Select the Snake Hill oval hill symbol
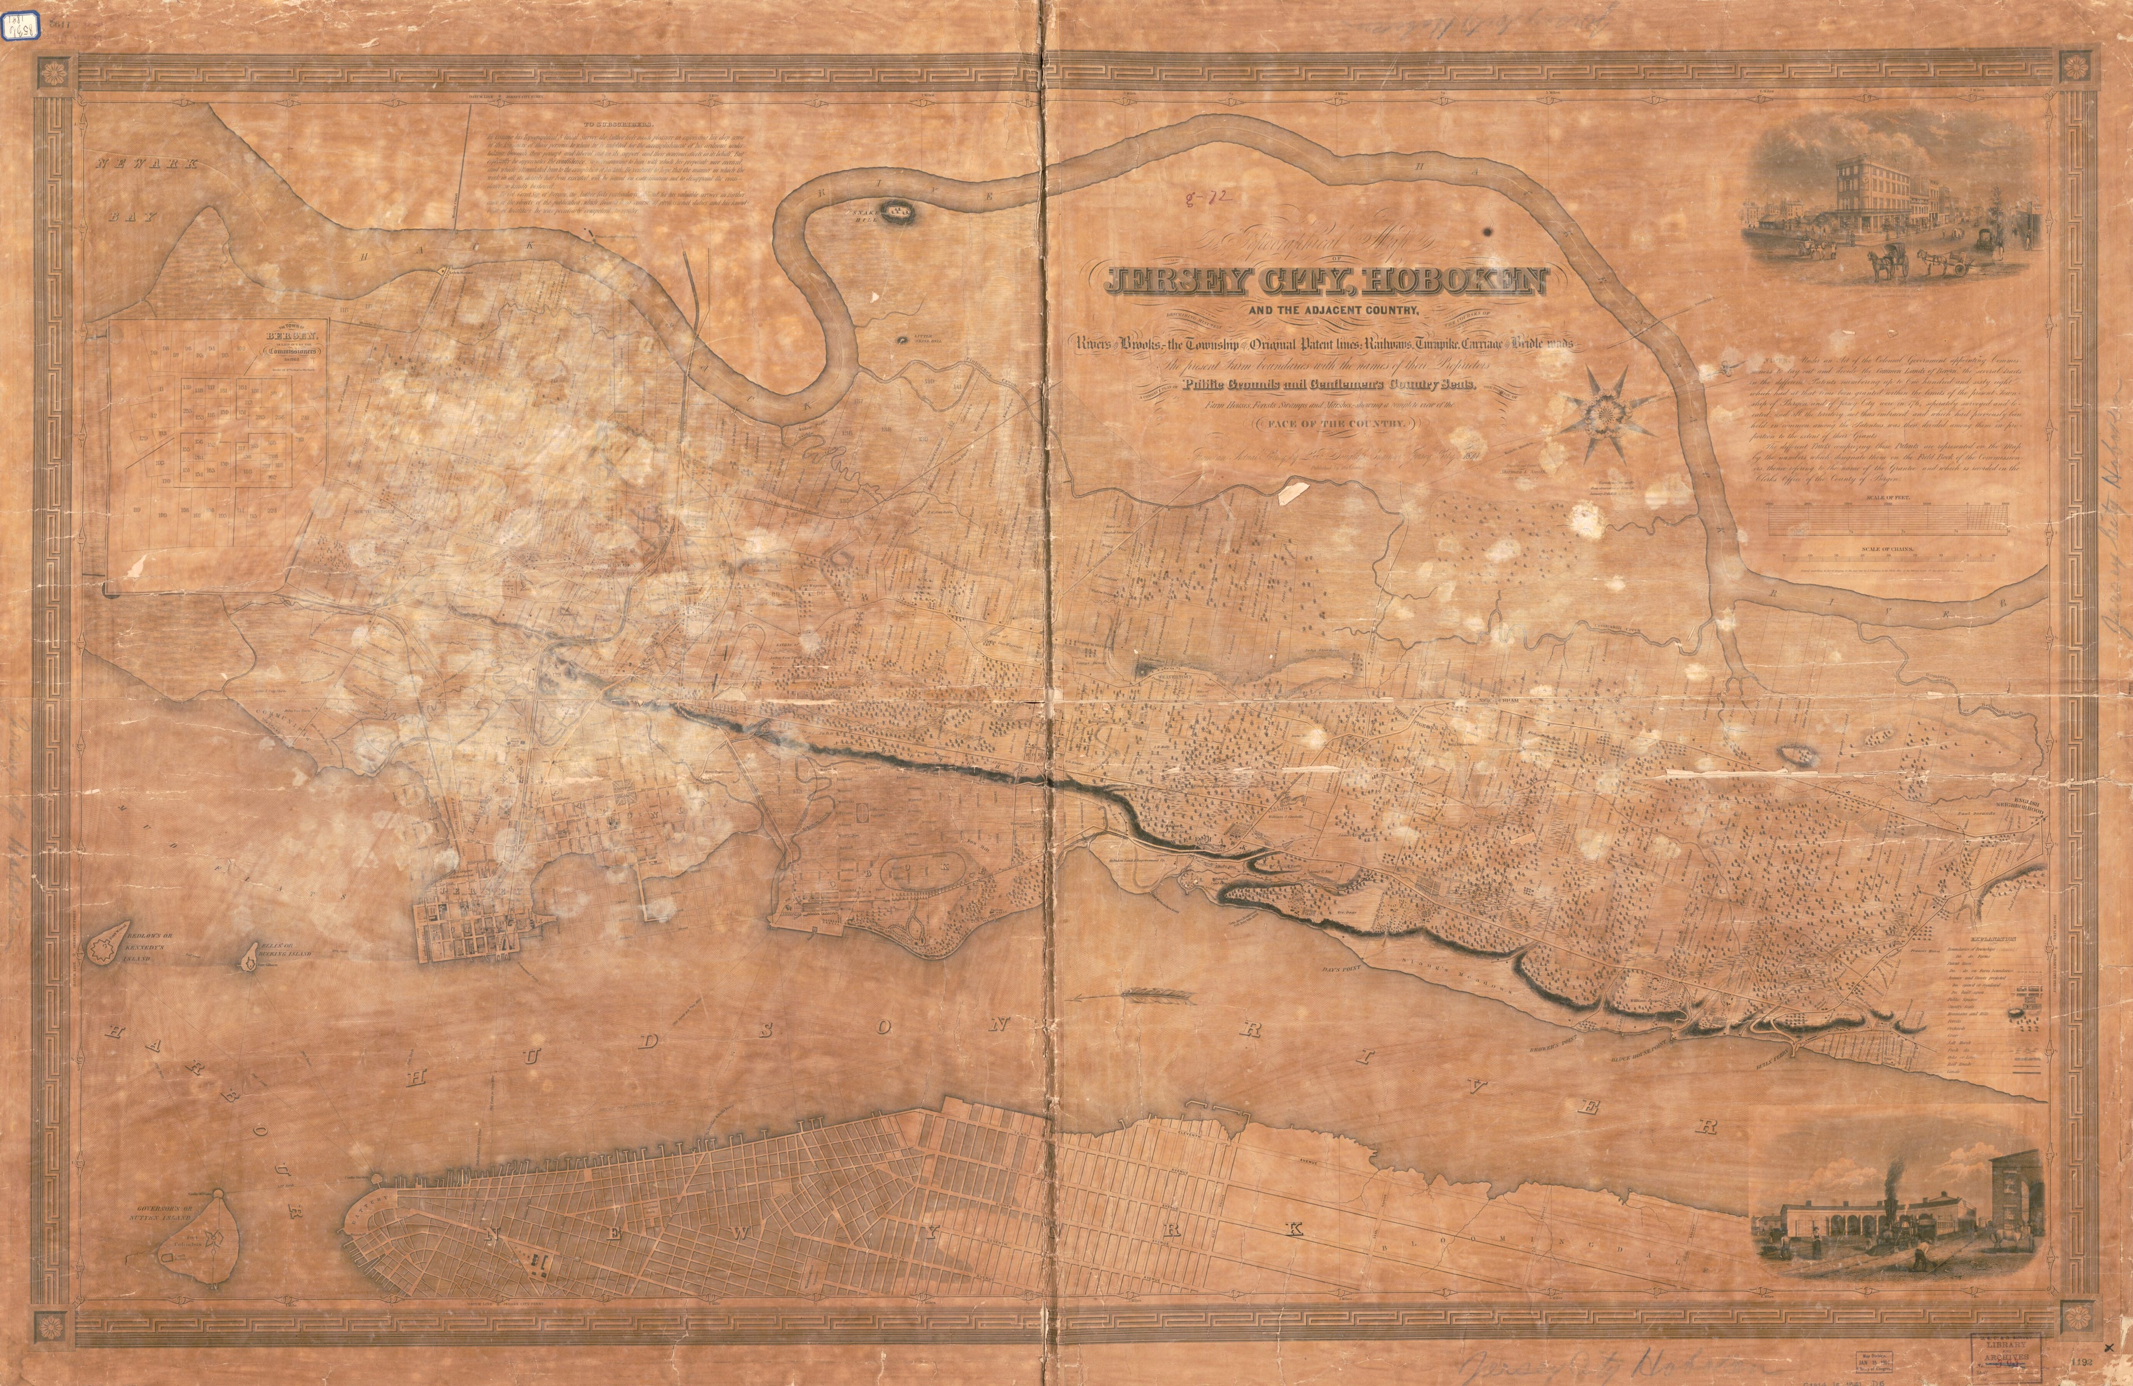(894, 212)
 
